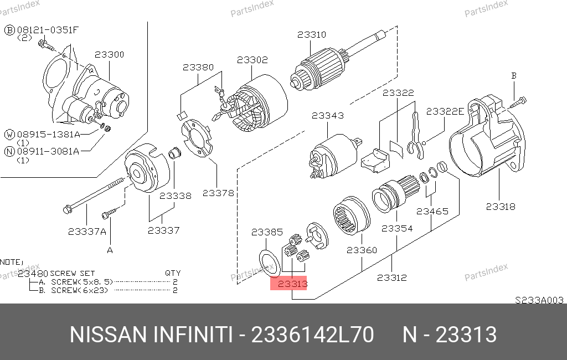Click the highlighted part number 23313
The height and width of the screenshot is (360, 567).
point(292,284)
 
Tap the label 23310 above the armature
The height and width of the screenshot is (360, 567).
point(312,35)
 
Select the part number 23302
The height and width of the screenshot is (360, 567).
point(252,60)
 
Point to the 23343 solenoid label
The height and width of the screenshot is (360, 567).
point(328,116)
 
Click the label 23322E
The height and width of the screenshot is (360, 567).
point(445,111)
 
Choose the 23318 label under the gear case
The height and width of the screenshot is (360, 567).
point(501,207)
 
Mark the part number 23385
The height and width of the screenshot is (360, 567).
point(267,232)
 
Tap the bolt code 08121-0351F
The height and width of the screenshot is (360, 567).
point(48,30)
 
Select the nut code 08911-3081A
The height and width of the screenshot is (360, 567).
point(48,152)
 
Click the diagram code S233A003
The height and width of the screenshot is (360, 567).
point(539,300)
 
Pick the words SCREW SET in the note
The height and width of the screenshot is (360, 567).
point(73,274)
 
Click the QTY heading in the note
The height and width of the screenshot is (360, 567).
point(173,273)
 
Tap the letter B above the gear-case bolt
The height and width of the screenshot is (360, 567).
point(514,76)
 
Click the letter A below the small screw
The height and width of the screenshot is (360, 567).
point(110,250)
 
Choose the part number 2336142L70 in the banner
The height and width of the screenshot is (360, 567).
point(312,335)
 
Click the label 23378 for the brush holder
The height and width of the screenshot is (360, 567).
point(218,193)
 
